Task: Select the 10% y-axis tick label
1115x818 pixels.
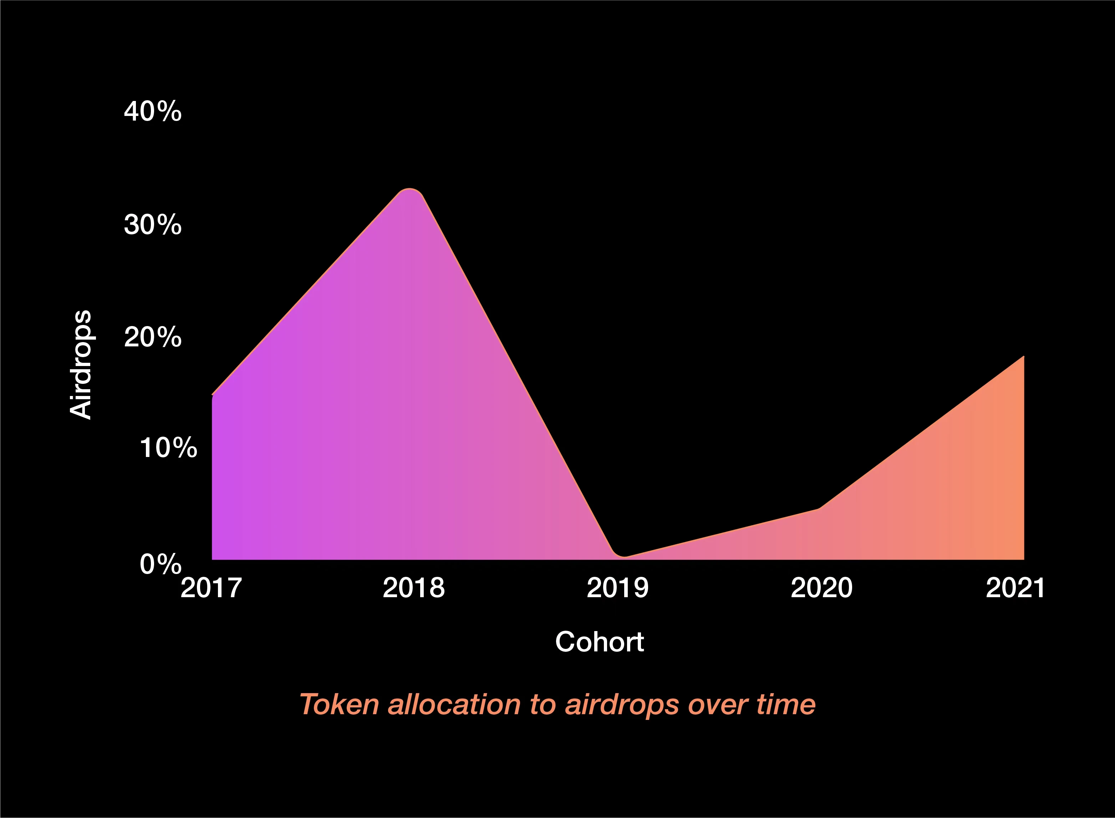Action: coord(168,448)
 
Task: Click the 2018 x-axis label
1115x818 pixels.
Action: coord(413,588)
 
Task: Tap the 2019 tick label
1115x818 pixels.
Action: coord(617,588)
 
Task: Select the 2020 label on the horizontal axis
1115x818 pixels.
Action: coord(821,588)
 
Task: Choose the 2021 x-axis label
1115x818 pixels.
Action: coord(1015,588)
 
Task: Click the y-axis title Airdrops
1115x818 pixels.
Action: coord(81,365)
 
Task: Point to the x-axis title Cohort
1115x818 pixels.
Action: coord(600,642)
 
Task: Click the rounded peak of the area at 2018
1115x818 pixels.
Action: coord(409,190)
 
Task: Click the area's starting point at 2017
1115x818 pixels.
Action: coord(213,395)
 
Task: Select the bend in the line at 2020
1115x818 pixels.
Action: coord(819,508)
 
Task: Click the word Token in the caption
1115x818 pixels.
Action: coord(339,704)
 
